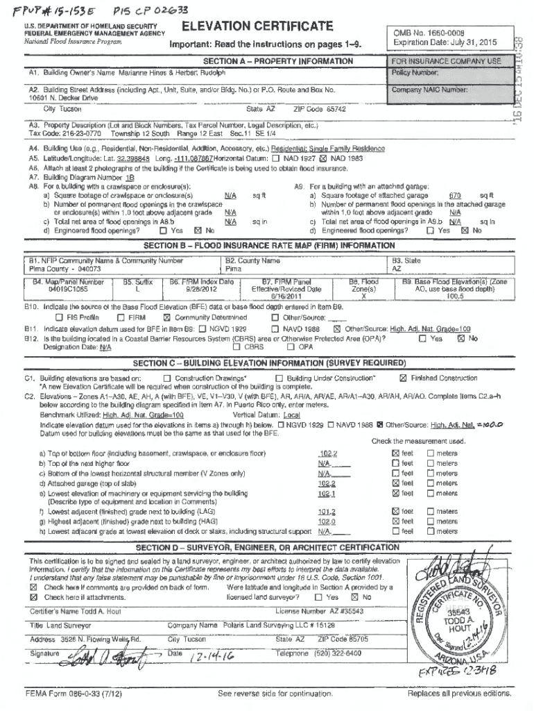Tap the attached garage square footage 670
[456, 196]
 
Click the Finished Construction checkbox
[402, 378]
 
